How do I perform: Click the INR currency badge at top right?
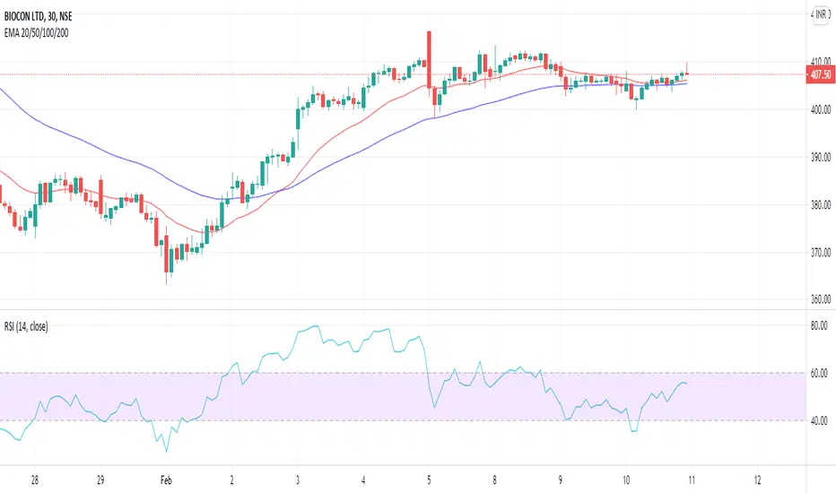819,14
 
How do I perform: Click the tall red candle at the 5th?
430,67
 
